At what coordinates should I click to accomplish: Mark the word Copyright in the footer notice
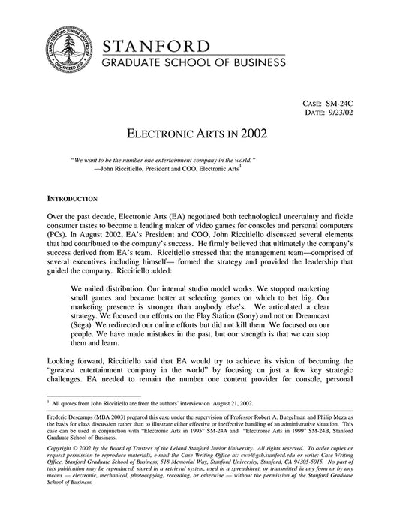click(x=62, y=471)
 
